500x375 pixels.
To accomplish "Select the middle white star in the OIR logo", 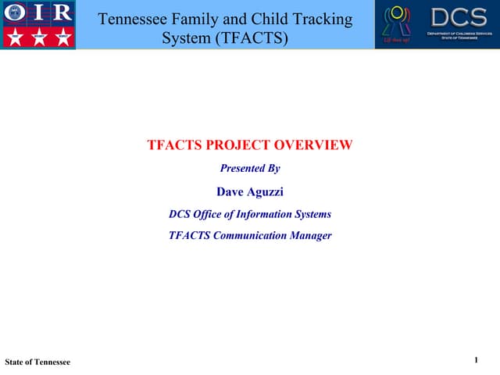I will (x=37, y=37).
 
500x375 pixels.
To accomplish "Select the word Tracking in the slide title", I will (x=318, y=19).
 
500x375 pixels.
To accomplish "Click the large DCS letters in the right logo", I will (x=459, y=16).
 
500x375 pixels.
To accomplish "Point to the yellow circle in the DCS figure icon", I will (x=396, y=12).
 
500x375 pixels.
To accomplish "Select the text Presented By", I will (x=250, y=168).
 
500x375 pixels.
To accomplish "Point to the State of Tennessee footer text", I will (x=37, y=362).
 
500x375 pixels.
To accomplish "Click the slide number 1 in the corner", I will (x=476, y=359).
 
